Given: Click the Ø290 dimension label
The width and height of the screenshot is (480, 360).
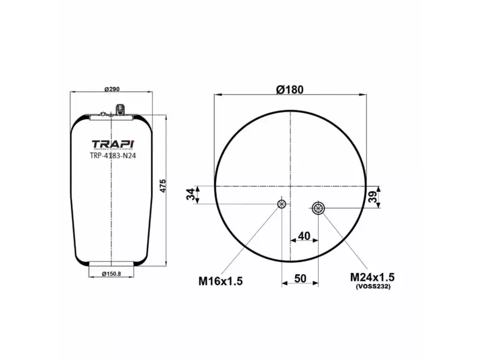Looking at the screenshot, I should [x=112, y=89].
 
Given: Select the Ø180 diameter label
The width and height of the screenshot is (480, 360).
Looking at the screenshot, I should [x=290, y=89].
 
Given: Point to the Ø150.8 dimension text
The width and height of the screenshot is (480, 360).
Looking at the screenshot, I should [x=112, y=274].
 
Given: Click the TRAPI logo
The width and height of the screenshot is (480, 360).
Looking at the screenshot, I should [x=113, y=144].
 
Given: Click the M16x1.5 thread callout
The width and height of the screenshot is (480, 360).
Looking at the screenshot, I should [x=220, y=281].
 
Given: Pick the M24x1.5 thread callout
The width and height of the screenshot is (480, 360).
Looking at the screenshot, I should [x=372, y=278].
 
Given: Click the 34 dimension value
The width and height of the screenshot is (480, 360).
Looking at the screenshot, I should [x=191, y=195].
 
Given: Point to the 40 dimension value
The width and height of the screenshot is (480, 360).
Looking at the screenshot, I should [x=304, y=236].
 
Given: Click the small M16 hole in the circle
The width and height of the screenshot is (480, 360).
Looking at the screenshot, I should [x=281, y=205].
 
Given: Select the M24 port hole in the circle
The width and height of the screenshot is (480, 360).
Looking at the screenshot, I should [x=318, y=209].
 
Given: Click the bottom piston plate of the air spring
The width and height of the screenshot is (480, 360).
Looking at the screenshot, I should [x=112, y=263].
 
